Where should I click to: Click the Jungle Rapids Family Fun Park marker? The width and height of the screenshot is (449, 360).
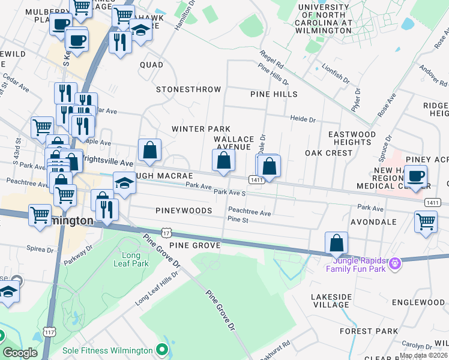pyautogui.click(x=394, y=263)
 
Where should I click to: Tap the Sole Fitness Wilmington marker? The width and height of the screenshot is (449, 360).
pyautogui.click(x=161, y=349)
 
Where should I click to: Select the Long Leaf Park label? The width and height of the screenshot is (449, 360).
pyautogui.click(x=131, y=259)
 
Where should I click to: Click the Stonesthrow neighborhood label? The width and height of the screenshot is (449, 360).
pyautogui.click(x=188, y=89)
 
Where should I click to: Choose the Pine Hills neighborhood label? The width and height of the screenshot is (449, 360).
pyautogui.click(x=274, y=94)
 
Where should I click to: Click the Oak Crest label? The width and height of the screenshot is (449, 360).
pyautogui.click(x=328, y=153)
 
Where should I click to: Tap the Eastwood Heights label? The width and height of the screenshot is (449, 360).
pyautogui.click(x=351, y=138)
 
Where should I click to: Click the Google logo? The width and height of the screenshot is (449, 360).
pyautogui.click(x=20, y=353)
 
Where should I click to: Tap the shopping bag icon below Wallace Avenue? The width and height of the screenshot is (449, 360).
pyautogui.click(x=223, y=160)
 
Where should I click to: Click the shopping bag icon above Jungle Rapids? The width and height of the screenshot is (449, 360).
pyautogui.click(x=337, y=243)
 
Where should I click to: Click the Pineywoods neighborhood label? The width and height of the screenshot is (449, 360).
pyautogui.click(x=184, y=211)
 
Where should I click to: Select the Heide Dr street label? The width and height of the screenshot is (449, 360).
pyautogui.click(x=303, y=119)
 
